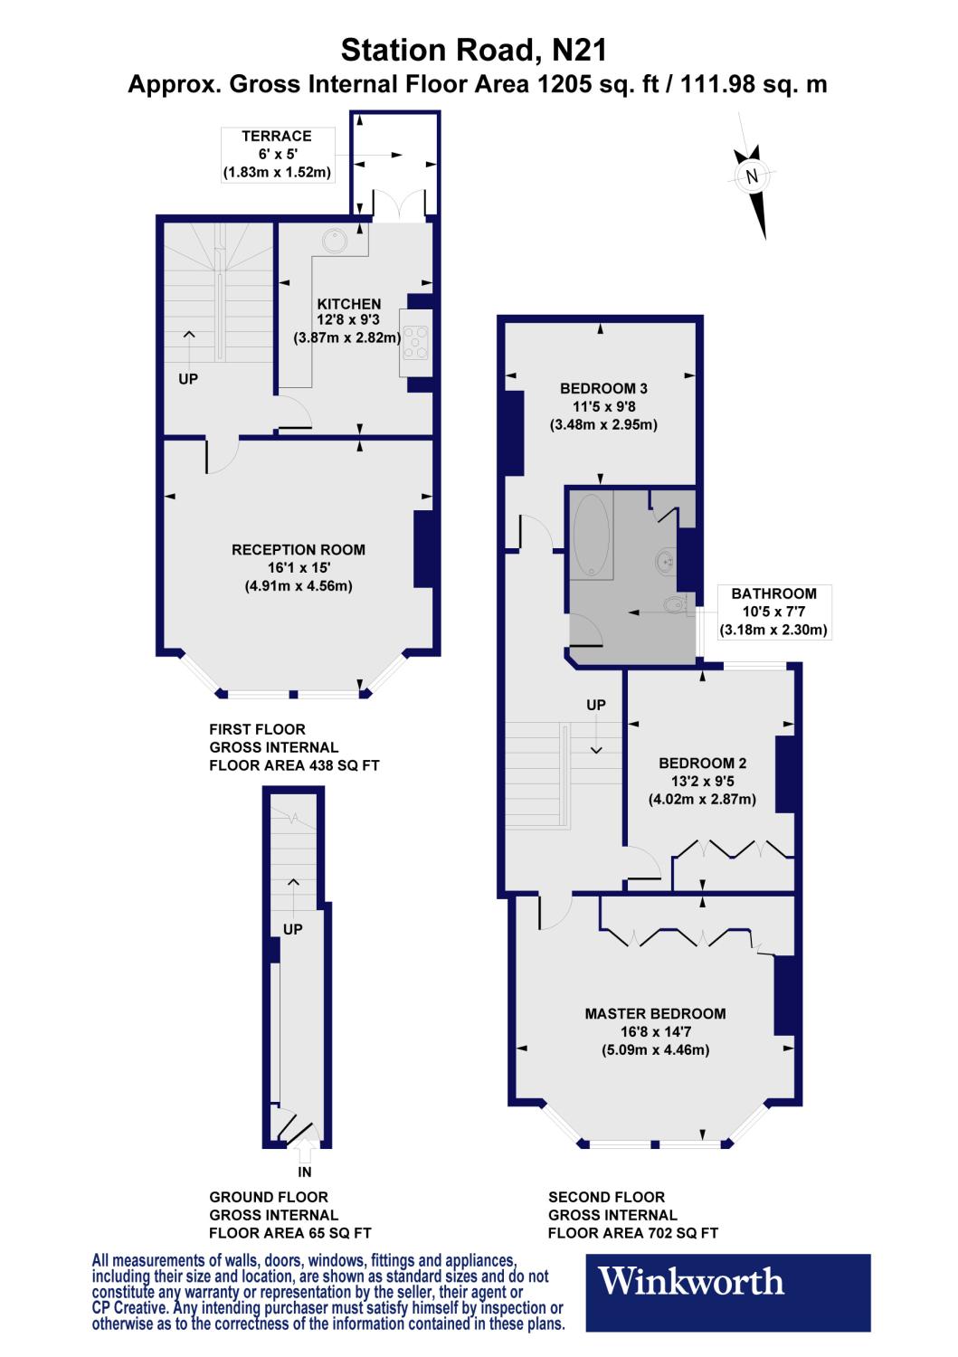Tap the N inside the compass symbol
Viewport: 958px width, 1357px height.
click(750, 176)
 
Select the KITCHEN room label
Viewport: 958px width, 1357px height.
click(348, 304)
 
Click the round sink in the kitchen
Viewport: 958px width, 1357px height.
click(335, 241)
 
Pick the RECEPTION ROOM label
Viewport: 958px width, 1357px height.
click(299, 549)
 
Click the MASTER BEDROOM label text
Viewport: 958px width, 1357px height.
click(655, 1013)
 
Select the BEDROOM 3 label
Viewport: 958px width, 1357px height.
click(603, 388)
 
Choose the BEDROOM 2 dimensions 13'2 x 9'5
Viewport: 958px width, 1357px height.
click(702, 782)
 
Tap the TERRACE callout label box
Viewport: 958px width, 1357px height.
click(276, 154)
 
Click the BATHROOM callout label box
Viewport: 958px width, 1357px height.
click(773, 612)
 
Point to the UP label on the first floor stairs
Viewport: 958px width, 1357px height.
click(187, 379)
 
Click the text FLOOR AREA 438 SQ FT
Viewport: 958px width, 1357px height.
click(294, 765)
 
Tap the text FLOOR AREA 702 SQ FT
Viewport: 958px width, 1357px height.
click(633, 1233)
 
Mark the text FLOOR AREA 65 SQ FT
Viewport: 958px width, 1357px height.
click(289, 1233)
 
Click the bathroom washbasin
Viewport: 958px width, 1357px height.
click(665, 561)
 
